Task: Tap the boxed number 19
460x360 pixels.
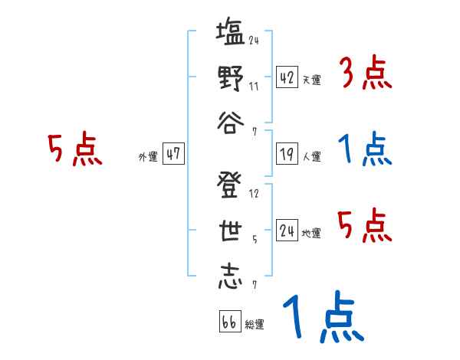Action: (287, 154)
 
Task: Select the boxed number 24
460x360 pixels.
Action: (287, 230)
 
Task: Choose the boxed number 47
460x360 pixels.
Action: (173, 154)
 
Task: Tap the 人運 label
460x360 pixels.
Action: (311, 156)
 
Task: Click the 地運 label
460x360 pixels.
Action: (311, 233)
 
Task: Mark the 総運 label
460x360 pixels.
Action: (255, 324)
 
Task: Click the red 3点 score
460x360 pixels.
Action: (364, 75)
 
